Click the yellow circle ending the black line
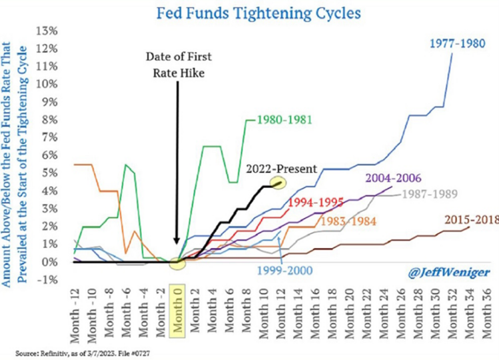tap(277, 182)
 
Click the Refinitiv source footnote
tap(79, 351)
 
